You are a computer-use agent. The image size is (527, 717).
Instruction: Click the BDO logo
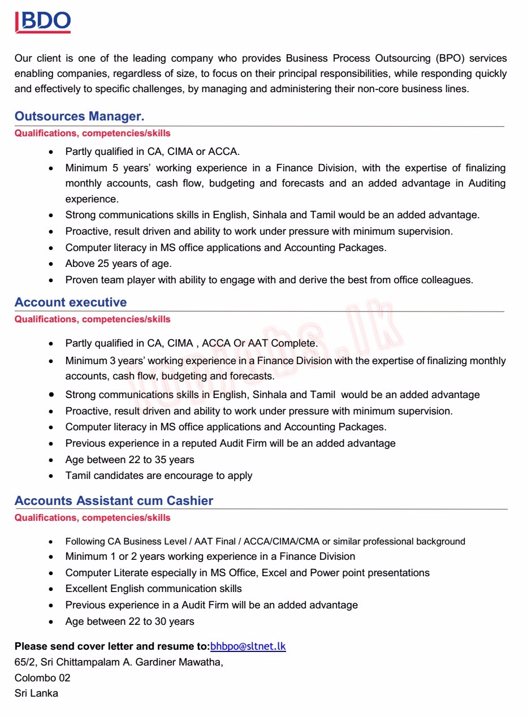click(x=43, y=21)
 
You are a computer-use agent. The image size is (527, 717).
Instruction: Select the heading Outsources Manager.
click(x=79, y=116)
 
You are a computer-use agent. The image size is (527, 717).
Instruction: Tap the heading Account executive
click(x=71, y=303)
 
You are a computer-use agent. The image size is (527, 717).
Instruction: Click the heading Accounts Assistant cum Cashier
click(x=114, y=501)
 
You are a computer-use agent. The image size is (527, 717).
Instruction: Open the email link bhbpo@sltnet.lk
click(x=248, y=646)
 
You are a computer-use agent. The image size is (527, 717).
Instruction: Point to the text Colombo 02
click(x=42, y=677)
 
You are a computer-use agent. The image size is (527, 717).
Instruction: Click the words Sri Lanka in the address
click(x=36, y=693)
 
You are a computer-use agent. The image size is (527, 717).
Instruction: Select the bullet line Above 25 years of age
click(x=118, y=264)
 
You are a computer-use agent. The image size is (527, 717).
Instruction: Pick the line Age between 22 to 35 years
click(x=129, y=460)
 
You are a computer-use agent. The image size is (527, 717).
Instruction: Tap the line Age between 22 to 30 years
click(x=129, y=621)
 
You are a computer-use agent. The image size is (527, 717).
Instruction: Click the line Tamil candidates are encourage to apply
click(x=159, y=476)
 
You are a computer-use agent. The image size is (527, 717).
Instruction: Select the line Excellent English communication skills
click(x=153, y=589)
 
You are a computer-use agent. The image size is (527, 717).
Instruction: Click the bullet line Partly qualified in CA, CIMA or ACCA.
click(x=153, y=152)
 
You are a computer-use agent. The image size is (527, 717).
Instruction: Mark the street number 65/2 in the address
click(x=25, y=662)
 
